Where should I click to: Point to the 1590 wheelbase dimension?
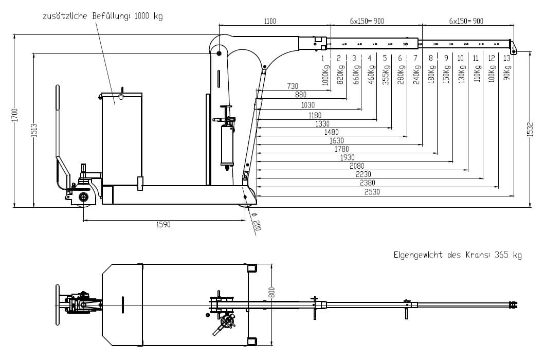[x=163, y=225]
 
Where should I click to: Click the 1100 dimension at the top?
[x=270, y=21]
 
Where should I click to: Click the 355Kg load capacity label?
[x=385, y=75]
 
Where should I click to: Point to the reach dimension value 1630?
[x=337, y=140]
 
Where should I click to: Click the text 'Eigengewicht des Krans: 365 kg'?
[x=458, y=255]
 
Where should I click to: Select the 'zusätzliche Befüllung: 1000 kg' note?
[x=103, y=16]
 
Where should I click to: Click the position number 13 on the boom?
[x=507, y=58]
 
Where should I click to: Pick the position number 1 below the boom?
[x=323, y=58]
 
